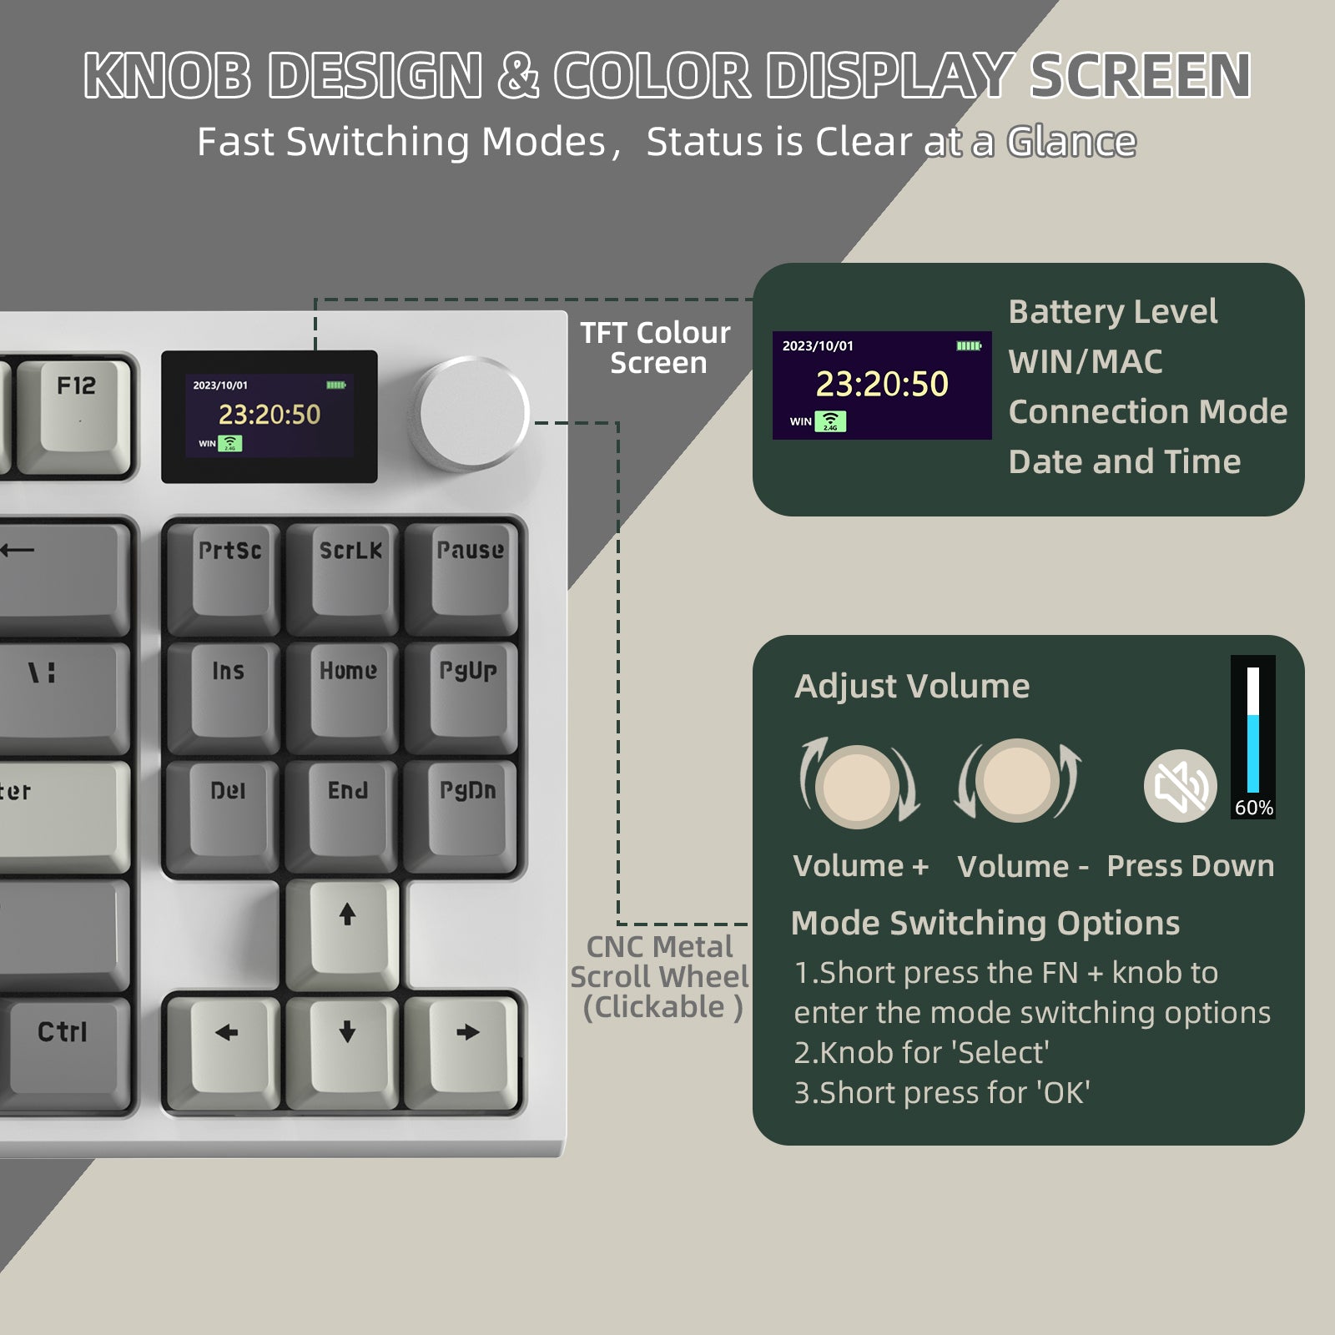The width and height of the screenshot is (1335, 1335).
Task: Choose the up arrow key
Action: click(347, 930)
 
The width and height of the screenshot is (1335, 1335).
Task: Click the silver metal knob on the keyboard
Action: click(472, 412)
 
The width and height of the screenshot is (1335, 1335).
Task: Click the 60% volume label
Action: click(1253, 808)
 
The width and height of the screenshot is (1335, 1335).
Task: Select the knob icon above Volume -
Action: click(1017, 781)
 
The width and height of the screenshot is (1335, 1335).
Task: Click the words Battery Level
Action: click(1112, 311)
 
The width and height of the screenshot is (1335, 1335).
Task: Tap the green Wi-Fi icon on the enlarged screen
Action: click(830, 421)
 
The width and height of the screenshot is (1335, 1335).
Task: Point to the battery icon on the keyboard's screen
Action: click(336, 385)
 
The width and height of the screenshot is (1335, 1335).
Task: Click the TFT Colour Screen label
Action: click(656, 348)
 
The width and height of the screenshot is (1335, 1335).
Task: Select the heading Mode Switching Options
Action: click(985, 923)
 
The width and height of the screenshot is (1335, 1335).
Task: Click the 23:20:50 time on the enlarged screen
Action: click(882, 384)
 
